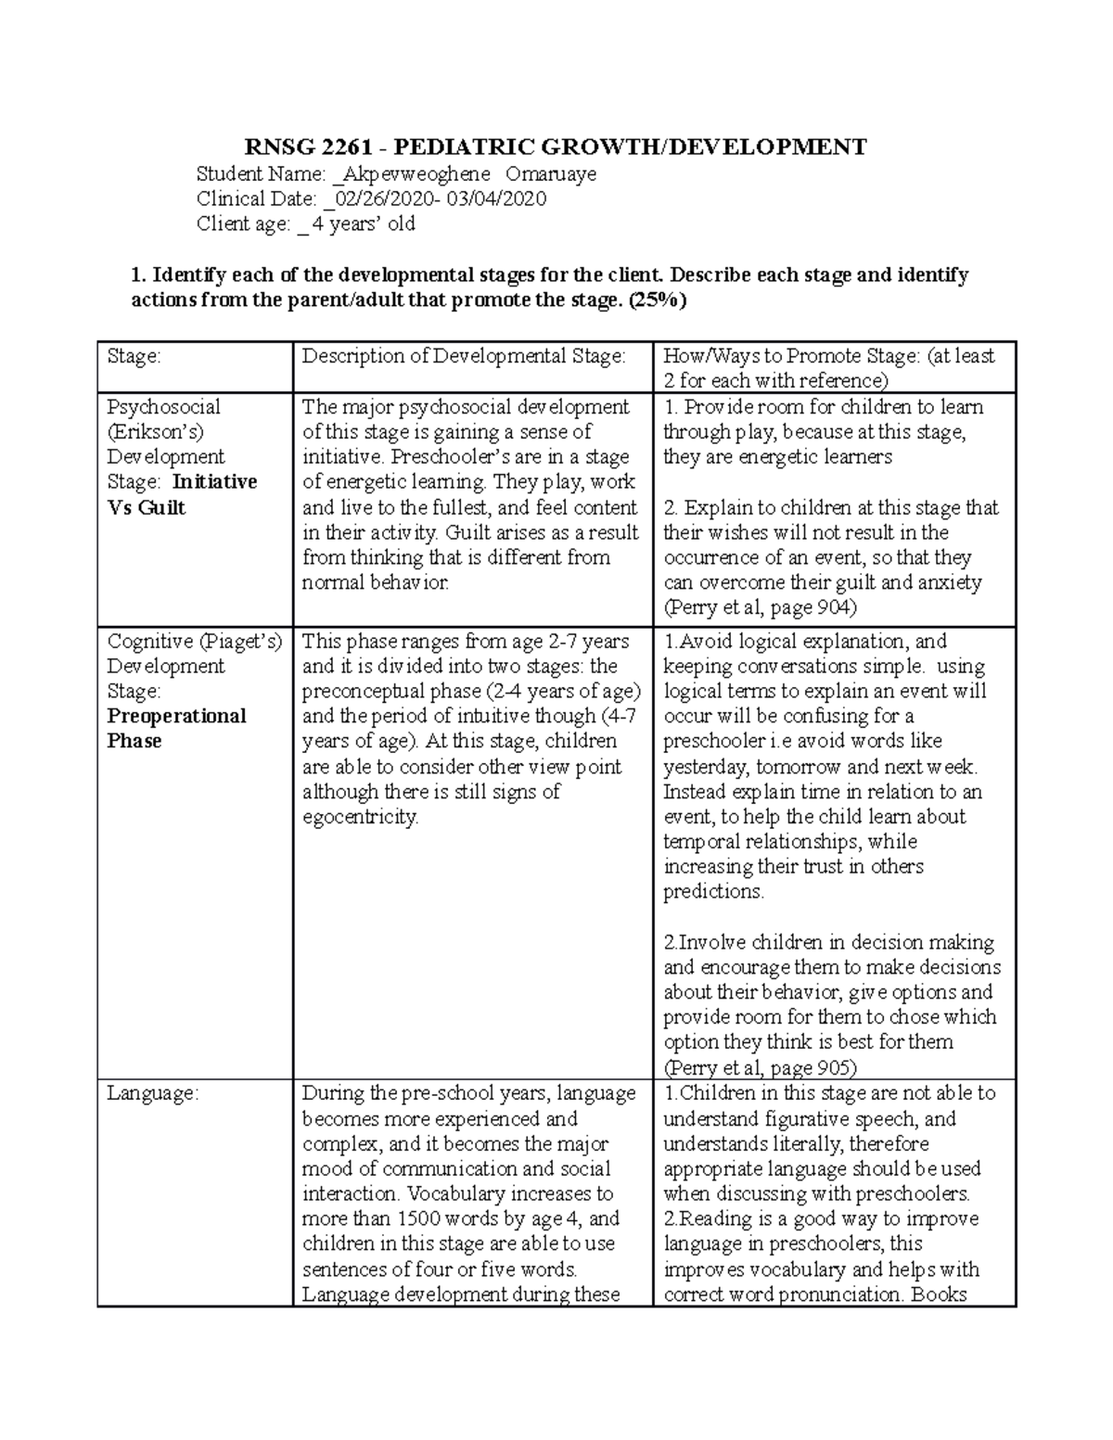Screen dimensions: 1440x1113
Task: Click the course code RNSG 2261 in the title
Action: pyautogui.click(x=301, y=147)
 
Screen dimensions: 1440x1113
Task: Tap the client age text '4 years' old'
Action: pyautogui.click(x=363, y=223)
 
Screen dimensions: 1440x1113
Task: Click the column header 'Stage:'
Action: pyautogui.click(x=134, y=356)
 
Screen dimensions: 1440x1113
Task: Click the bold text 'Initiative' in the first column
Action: pyautogui.click(x=214, y=482)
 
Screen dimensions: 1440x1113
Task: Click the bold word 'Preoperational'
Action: pyautogui.click(x=176, y=716)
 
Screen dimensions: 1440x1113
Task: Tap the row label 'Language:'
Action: pyautogui.click(x=152, y=1093)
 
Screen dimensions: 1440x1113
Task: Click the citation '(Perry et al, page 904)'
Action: pyautogui.click(x=760, y=607)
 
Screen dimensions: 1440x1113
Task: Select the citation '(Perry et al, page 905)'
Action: pyautogui.click(x=760, y=1067)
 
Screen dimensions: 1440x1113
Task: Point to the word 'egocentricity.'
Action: pyautogui.click(x=360, y=817)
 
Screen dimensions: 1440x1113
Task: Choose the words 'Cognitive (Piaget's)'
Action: pyautogui.click(x=194, y=641)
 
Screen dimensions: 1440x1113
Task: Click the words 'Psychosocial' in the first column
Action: pyautogui.click(x=163, y=407)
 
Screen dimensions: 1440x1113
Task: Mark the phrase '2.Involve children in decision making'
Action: pyautogui.click(x=828, y=942)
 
